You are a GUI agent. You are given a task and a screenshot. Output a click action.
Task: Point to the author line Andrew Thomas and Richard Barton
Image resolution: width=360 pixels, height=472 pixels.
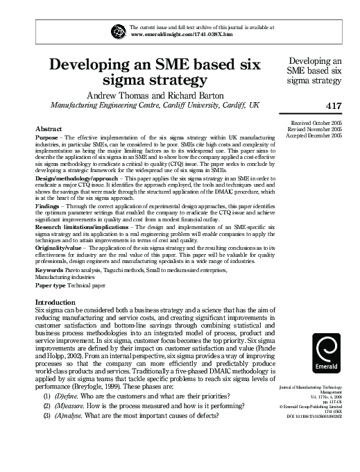coord(154,94)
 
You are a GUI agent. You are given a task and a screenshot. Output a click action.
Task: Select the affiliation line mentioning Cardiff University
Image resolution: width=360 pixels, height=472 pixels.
coord(155,105)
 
